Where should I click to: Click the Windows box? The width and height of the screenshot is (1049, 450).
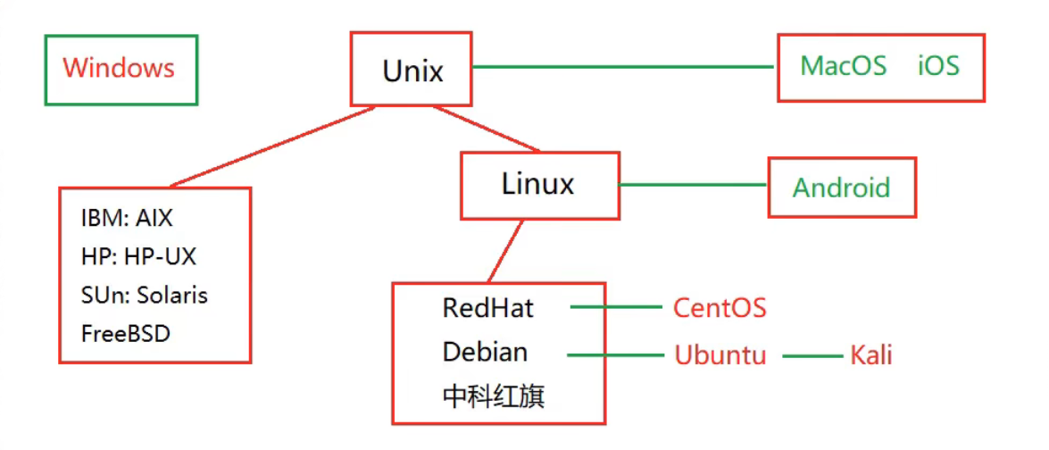click(x=120, y=69)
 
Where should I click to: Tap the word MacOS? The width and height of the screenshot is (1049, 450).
click(x=843, y=66)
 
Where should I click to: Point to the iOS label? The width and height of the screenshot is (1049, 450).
click(x=938, y=66)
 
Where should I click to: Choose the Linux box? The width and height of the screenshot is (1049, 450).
click(x=538, y=185)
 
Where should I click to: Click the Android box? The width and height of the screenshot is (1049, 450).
click(x=841, y=187)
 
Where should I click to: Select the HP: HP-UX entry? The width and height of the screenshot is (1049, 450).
click(x=137, y=257)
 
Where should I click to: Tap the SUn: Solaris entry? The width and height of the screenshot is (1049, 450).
click(x=144, y=295)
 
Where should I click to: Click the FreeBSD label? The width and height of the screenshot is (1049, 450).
click(x=125, y=334)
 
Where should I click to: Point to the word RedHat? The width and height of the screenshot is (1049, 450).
click(x=487, y=309)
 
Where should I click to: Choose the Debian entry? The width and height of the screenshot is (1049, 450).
click(x=485, y=352)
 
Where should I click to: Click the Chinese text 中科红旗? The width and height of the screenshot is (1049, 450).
click(x=493, y=396)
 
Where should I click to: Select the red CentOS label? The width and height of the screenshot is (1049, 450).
click(x=719, y=309)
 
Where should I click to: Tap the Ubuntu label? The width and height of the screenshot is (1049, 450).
click(x=720, y=355)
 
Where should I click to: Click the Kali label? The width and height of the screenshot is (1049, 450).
click(x=870, y=355)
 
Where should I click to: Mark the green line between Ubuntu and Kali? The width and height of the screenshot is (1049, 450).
click(x=812, y=356)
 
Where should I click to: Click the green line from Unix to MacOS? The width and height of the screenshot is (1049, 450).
click(x=623, y=67)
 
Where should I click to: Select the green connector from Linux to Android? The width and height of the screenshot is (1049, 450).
click(x=693, y=185)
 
